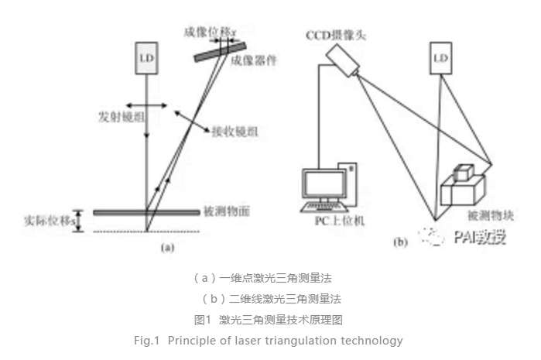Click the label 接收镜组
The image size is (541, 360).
235,133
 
